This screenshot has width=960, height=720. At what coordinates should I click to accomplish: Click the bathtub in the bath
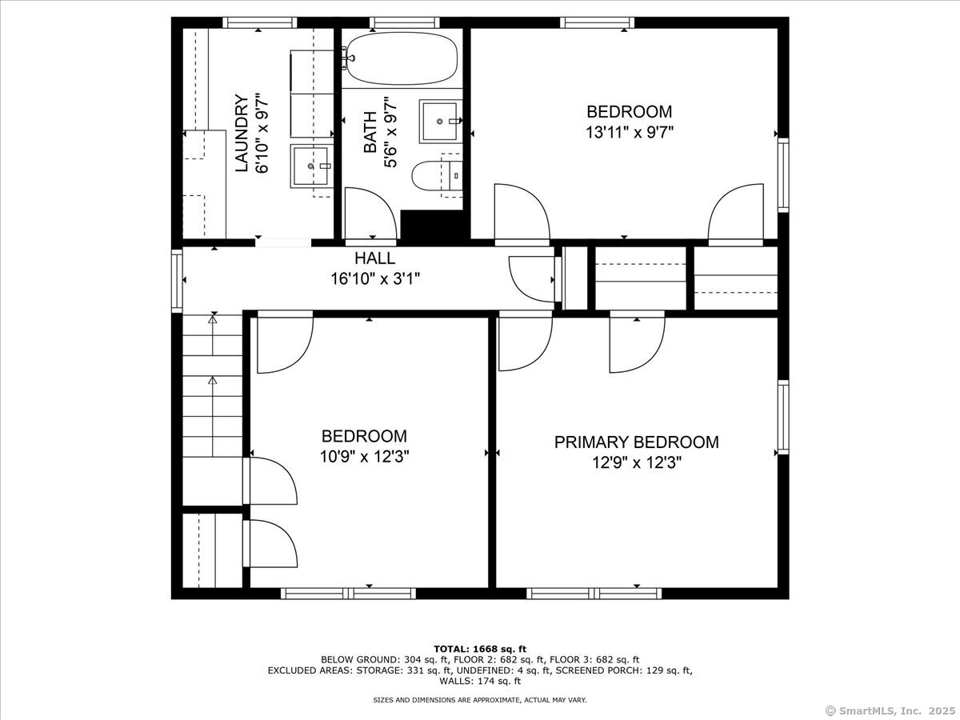coord(402,58)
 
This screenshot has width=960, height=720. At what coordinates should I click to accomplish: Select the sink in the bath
coord(441,121)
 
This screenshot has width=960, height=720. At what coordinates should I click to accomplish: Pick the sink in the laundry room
coord(311,166)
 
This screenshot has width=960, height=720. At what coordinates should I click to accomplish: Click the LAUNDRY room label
coord(242,134)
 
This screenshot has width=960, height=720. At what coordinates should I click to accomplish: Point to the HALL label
coord(375,258)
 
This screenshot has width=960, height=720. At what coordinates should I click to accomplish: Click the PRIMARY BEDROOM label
coord(636,442)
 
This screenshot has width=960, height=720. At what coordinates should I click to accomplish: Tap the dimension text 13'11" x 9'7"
coord(629,132)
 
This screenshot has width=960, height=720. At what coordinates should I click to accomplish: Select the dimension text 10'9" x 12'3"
coord(364,457)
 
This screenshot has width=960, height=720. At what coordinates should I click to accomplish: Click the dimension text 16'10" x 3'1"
coord(375,278)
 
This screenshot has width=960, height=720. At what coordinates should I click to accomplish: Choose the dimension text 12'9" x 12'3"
coord(637,462)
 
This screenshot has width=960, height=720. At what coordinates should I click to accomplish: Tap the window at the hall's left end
coord(177,280)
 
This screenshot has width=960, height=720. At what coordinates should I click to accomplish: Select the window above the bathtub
coord(405,22)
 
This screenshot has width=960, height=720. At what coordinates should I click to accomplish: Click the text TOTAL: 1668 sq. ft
coord(480,649)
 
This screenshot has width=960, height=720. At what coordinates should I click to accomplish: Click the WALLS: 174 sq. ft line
coord(480,681)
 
